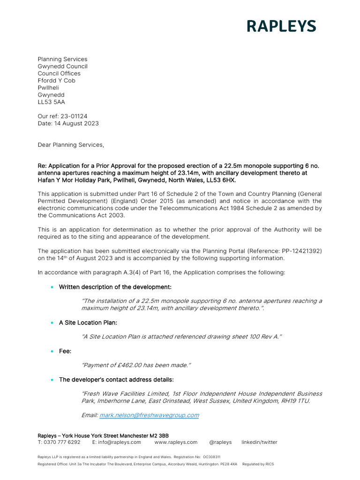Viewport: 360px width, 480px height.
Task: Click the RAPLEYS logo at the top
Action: point(281,26)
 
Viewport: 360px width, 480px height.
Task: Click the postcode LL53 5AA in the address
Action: point(51,102)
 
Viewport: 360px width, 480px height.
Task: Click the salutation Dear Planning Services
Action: point(70,145)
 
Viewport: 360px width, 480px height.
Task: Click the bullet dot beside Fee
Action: point(52,351)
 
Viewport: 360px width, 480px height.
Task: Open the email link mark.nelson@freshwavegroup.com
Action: point(149,415)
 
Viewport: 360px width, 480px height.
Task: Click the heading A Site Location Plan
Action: point(88,322)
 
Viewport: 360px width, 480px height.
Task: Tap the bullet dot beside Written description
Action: point(52,287)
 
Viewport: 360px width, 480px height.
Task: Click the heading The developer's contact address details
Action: point(116,380)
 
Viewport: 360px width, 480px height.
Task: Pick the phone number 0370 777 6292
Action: point(61,442)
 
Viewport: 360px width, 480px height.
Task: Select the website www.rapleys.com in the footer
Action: point(176,442)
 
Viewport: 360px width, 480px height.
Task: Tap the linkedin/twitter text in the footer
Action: point(259,442)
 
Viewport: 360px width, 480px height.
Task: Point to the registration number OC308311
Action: point(211,457)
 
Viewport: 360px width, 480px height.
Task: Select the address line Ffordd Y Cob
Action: point(56,81)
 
